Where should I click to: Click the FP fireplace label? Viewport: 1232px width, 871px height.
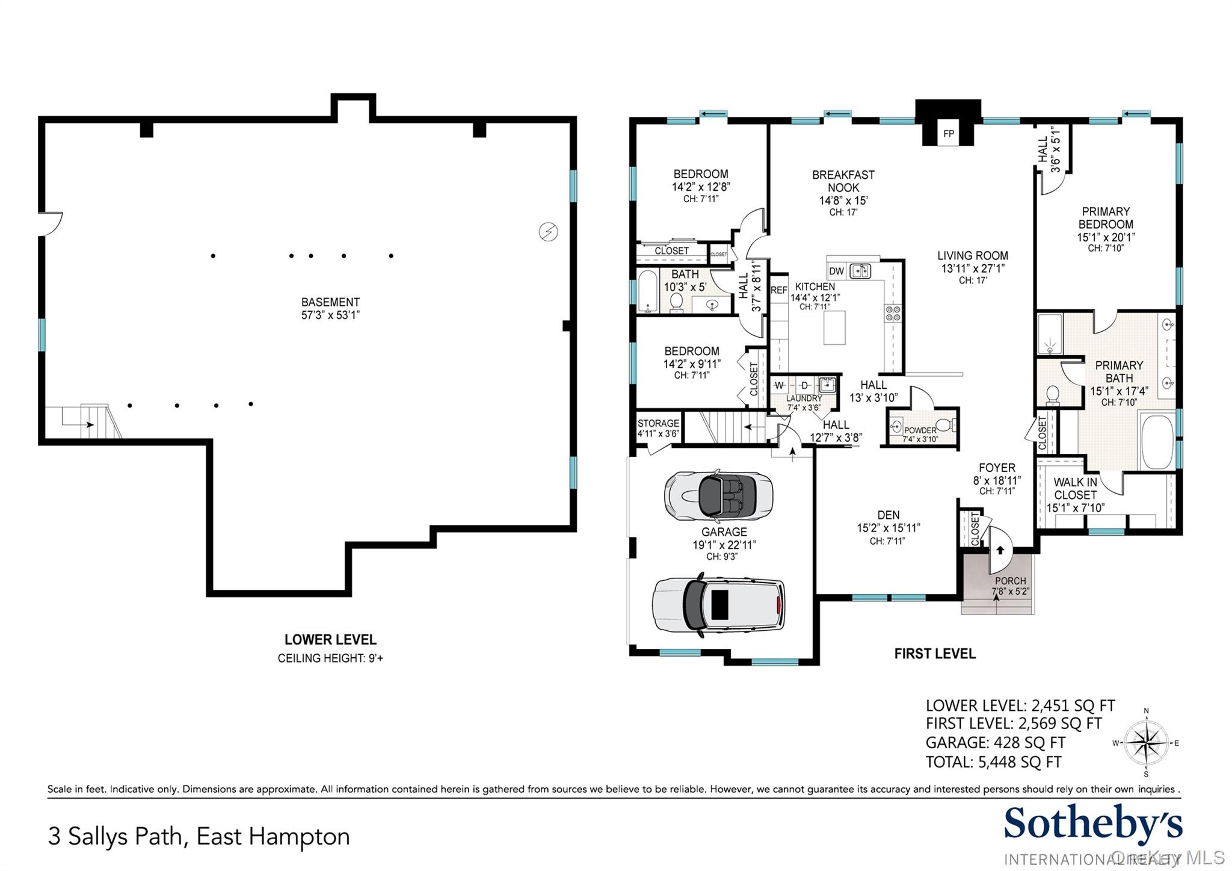click(949, 134)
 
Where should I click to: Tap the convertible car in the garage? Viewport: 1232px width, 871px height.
click(718, 496)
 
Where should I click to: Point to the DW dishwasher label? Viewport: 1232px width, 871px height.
click(836, 271)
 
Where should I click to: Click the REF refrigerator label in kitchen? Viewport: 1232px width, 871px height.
click(779, 290)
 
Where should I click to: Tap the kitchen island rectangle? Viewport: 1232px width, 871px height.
click(834, 327)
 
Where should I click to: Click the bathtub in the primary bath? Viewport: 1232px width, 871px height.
click(1157, 441)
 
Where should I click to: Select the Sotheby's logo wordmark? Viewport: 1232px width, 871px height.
click(1092, 825)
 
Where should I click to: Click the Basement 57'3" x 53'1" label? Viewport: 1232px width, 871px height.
click(330, 308)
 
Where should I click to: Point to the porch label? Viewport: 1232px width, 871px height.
click(1010, 586)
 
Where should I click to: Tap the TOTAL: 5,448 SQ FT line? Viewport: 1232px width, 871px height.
click(993, 762)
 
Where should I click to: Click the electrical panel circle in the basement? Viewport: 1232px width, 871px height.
click(548, 232)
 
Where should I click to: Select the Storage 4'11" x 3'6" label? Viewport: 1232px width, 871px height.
click(658, 428)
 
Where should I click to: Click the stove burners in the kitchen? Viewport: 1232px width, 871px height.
click(893, 313)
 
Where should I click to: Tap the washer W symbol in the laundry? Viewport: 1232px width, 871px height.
click(780, 385)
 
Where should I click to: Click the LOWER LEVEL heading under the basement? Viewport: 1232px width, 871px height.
click(330, 639)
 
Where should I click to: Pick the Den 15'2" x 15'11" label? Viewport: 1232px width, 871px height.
click(888, 522)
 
